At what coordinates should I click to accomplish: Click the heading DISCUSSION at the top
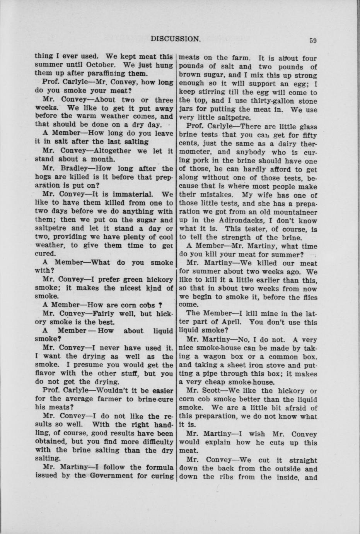pos(176,38)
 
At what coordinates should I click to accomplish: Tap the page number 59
pos(313,39)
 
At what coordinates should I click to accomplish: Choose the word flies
pos(308,297)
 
